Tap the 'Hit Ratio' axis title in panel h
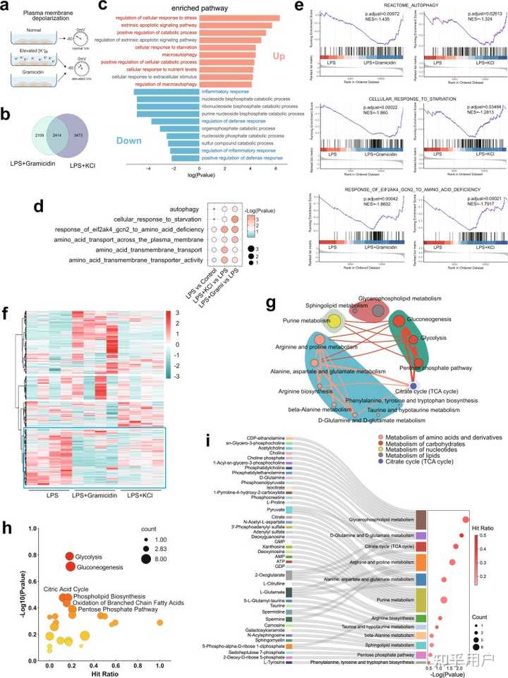click(103, 655)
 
